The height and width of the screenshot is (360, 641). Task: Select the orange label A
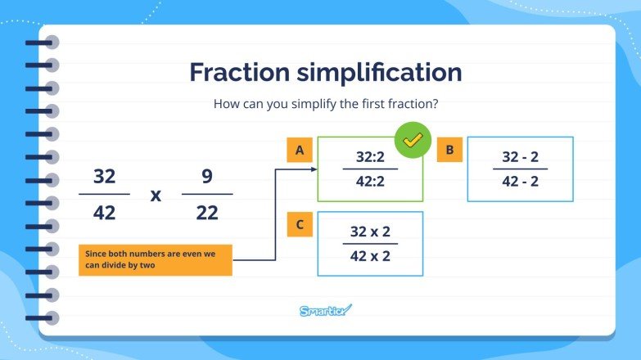click(x=300, y=150)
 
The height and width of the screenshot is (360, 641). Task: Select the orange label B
click(x=449, y=150)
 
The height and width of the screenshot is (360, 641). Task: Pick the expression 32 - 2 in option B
click(x=520, y=156)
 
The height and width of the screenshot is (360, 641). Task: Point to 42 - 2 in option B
click(x=520, y=182)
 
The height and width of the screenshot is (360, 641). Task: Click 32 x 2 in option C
click(x=370, y=231)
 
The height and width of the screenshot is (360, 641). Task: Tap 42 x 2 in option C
click(x=370, y=256)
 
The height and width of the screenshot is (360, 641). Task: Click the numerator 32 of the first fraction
click(x=104, y=177)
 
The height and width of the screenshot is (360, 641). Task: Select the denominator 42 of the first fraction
click(x=104, y=213)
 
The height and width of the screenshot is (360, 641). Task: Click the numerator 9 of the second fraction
click(x=207, y=177)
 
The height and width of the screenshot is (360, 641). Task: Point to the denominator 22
click(x=207, y=213)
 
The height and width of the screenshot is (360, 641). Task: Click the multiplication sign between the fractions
click(x=156, y=196)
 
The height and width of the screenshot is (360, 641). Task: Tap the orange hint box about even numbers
click(x=156, y=260)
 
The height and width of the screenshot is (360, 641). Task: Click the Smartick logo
click(x=325, y=310)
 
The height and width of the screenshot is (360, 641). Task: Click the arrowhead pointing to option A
click(x=313, y=169)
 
